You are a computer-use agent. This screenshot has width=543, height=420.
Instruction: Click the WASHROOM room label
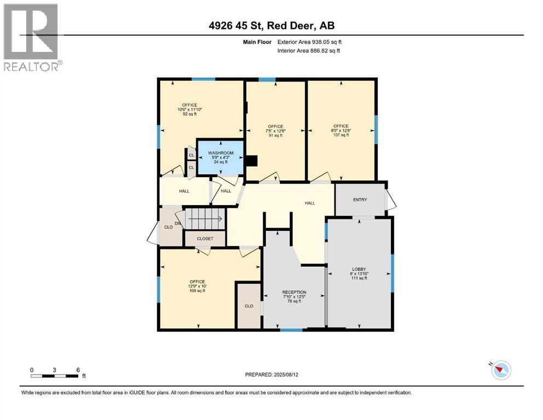(220, 153)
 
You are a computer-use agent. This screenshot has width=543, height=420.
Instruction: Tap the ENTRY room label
(360, 200)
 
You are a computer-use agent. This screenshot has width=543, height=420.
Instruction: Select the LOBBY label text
(359, 269)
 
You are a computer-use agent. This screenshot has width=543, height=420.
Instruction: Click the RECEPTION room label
(294, 292)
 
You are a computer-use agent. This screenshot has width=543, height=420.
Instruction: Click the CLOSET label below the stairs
(205, 239)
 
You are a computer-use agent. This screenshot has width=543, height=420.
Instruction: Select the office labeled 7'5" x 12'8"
(275, 131)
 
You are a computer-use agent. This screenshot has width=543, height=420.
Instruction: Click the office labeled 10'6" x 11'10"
(190, 109)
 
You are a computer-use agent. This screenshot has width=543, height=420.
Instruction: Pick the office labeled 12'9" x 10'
(197, 286)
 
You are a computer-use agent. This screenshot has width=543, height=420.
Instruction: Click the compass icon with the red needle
(500, 370)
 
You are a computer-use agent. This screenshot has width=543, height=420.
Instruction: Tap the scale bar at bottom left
(54, 376)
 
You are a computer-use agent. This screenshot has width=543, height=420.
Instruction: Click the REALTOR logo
(31, 37)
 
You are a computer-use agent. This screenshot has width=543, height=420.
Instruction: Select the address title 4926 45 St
(272, 25)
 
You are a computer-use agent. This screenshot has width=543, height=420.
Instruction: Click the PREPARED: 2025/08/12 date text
(271, 375)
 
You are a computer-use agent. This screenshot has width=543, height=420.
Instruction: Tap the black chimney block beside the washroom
(251, 161)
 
